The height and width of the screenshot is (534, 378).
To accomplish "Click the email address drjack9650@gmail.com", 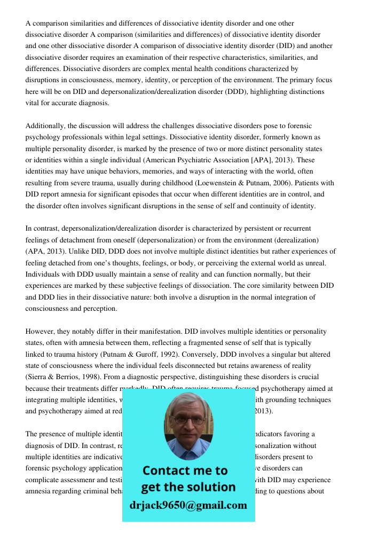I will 188,505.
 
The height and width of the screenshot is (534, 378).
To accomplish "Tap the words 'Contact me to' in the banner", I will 185,470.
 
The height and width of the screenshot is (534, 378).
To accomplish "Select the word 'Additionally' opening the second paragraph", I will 45,125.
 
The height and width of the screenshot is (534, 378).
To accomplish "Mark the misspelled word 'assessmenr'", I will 74,480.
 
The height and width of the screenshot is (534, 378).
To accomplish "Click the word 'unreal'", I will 313,263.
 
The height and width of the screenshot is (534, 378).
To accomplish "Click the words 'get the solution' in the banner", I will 188,487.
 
